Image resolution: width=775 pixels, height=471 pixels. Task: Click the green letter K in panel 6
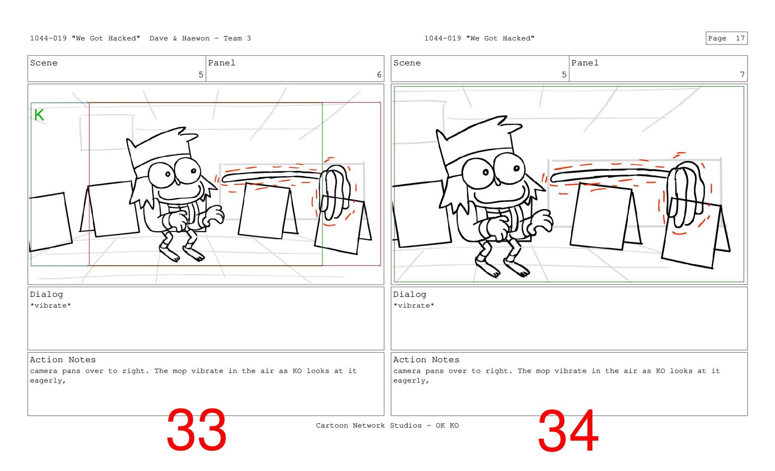(39, 115)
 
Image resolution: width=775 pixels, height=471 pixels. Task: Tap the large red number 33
(196, 430)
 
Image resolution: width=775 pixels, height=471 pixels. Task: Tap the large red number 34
(568, 431)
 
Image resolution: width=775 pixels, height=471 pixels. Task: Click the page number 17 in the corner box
(740, 38)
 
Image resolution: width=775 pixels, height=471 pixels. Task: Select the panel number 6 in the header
(379, 75)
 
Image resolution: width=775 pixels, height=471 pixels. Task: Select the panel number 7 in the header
(742, 75)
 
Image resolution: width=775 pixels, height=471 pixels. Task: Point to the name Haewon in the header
(196, 38)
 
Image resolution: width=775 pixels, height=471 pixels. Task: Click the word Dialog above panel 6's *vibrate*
(46, 294)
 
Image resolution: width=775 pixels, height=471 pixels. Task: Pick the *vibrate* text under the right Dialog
(414, 305)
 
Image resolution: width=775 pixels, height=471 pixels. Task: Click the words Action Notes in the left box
(63, 360)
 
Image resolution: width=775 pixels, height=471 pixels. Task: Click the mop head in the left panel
(334, 190)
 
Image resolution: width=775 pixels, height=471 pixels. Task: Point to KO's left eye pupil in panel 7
(486, 172)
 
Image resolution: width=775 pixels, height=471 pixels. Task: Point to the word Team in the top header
(233, 38)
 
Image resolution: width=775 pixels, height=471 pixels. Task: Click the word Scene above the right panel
(407, 63)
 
